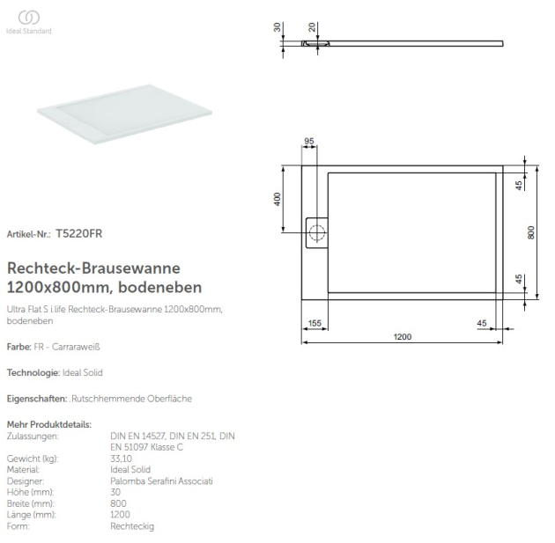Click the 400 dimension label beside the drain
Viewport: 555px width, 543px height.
(277, 200)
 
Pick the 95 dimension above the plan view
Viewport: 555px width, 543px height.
(309, 142)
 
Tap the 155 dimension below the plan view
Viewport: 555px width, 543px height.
(314, 323)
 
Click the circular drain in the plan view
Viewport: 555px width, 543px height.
(317, 234)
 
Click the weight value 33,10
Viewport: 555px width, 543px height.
(122, 459)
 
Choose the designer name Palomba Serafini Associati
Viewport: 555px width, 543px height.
(161, 481)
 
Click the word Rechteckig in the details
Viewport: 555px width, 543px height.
(132, 525)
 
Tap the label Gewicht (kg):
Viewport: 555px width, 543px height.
(32, 459)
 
